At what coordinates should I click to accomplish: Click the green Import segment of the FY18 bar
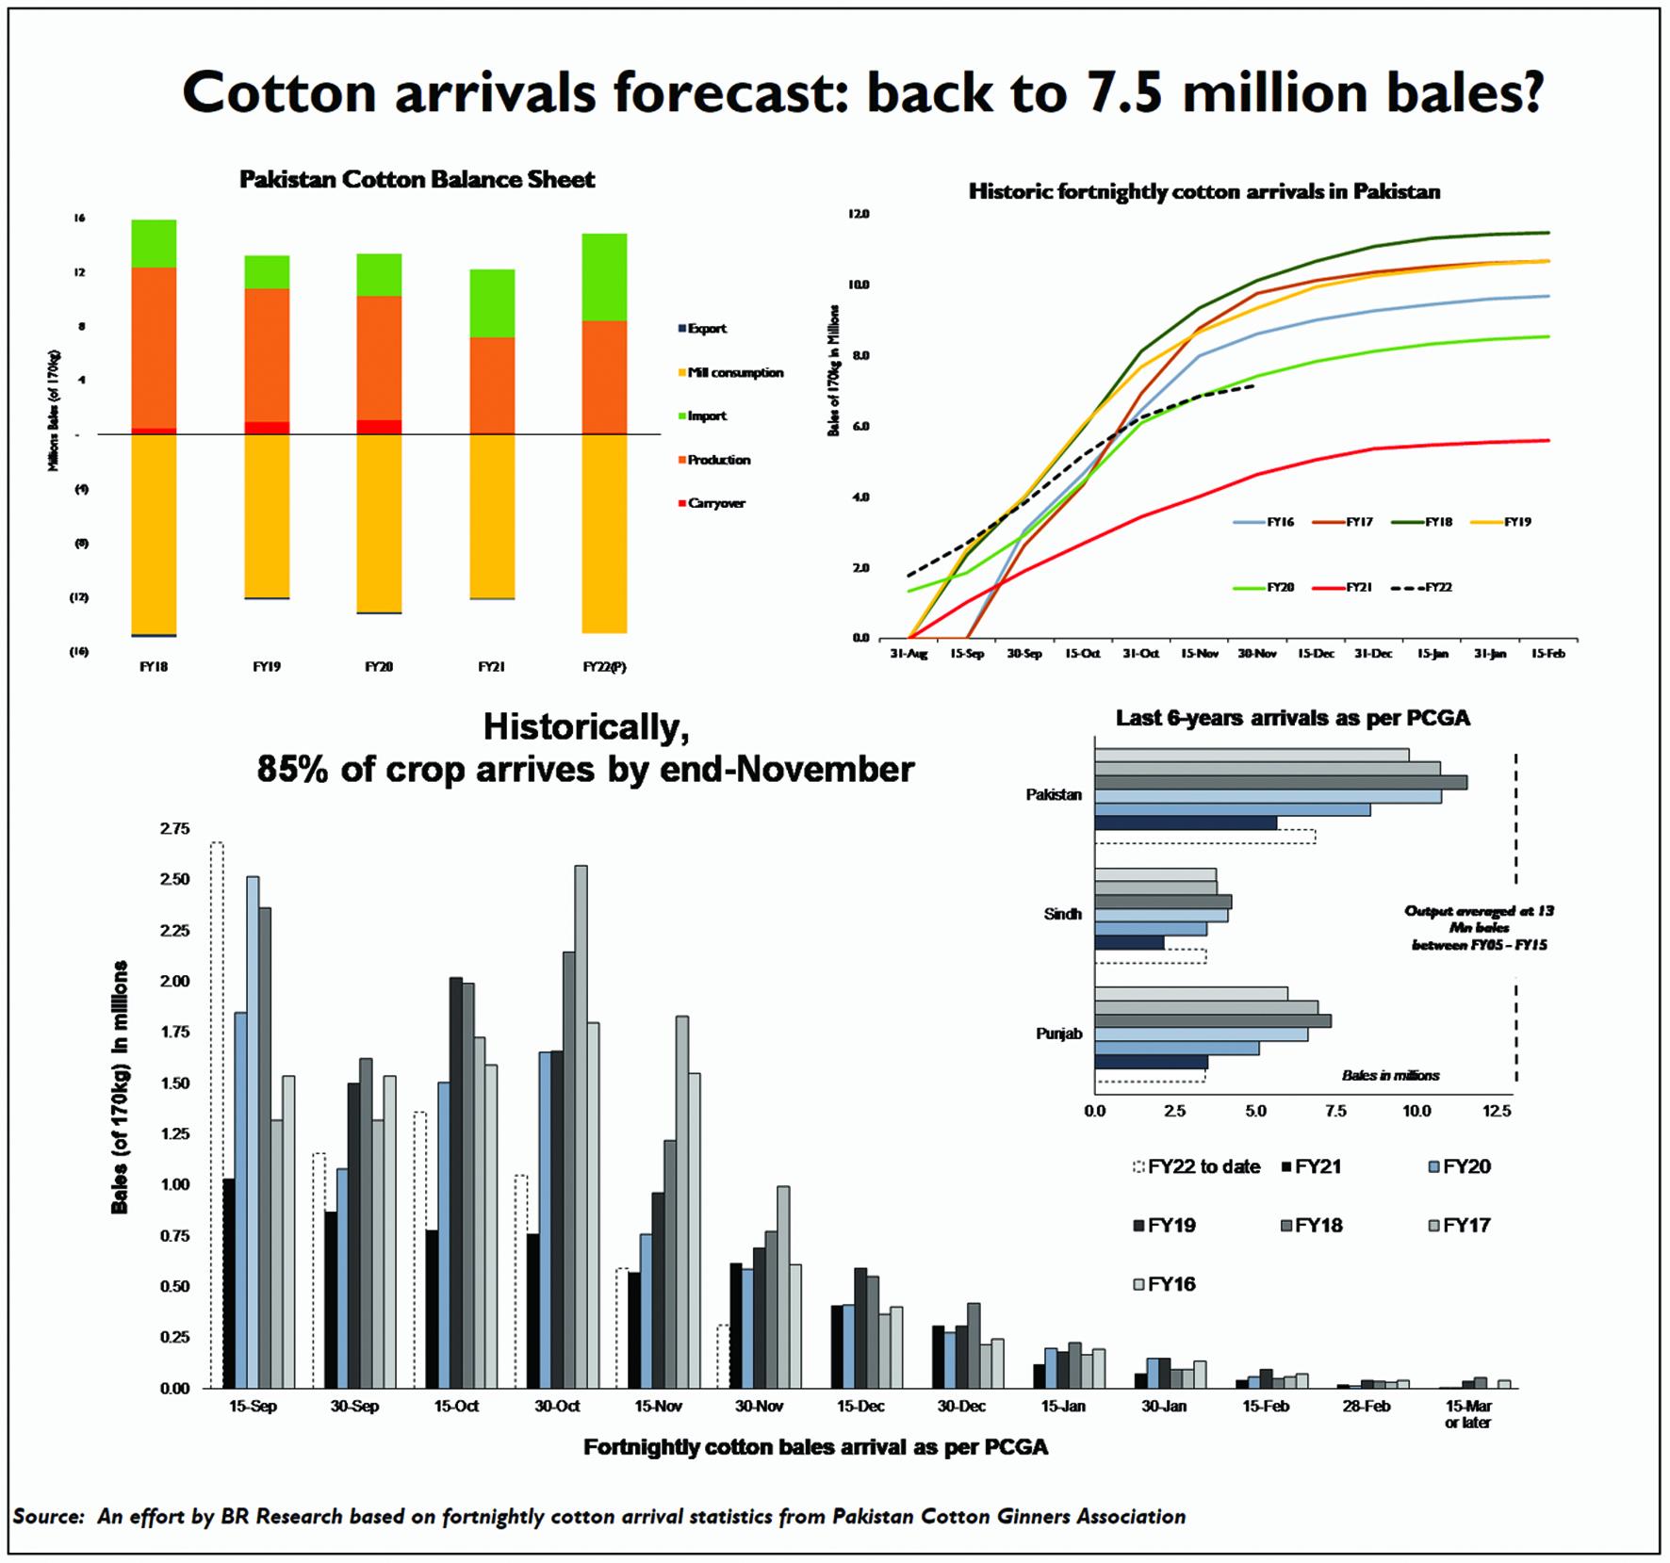click(x=154, y=244)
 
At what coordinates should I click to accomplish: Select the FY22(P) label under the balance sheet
click(x=604, y=667)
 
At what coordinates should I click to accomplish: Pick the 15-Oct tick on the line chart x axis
click(x=1082, y=654)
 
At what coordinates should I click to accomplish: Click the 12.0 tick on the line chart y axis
click(x=858, y=215)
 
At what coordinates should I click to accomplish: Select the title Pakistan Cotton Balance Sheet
click(x=417, y=180)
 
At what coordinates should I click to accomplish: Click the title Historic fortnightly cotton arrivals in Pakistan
click(x=1204, y=192)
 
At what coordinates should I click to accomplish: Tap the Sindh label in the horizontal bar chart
click(x=1062, y=915)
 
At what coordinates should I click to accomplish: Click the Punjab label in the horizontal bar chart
click(x=1058, y=1034)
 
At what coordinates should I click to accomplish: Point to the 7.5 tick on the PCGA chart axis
click(x=1335, y=1112)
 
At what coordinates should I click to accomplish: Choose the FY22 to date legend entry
click(x=1204, y=1167)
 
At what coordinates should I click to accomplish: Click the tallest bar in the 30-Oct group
click(x=581, y=1126)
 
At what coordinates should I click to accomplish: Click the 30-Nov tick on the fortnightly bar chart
click(x=759, y=1407)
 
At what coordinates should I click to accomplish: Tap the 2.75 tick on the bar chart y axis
click(x=174, y=829)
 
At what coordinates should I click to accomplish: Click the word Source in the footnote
click(x=48, y=1517)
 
